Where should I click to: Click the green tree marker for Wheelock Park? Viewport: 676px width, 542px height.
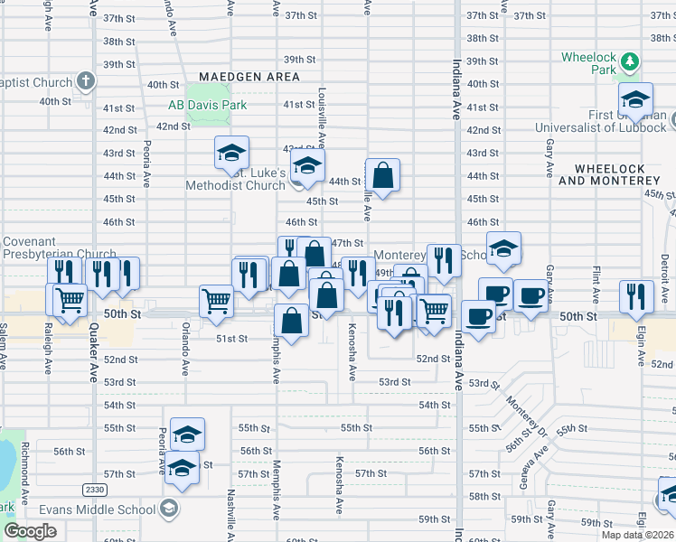point(631,62)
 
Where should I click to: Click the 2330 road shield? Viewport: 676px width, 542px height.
point(94,490)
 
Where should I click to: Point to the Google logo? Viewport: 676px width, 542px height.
point(29,531)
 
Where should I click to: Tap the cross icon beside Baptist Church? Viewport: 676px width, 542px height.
point(86,81)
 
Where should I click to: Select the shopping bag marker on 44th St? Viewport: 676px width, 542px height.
point(383,175)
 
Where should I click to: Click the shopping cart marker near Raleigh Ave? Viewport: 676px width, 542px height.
point(70,300)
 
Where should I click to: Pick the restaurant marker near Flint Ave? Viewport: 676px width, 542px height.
point(637,295)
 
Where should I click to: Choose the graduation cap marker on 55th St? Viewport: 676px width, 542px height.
point(187,433)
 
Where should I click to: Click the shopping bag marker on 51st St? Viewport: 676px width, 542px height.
point(291,321)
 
